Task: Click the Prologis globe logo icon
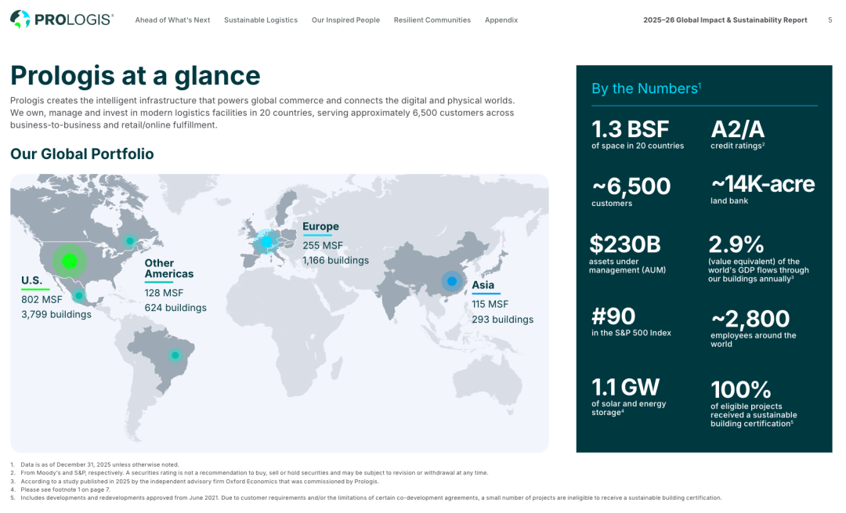coord(20,20)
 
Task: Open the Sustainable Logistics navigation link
coord(261,20)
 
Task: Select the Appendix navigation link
coord(501,20)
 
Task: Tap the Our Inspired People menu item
coord(345,20)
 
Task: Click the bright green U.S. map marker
coord(70,261)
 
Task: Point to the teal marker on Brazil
coord(175,355)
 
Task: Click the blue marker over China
coord(452,281)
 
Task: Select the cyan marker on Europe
coord(266,242)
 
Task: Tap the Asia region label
coord(483,285)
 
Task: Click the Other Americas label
coord(169,268)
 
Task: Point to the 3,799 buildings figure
coord(56,314)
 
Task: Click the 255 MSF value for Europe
coord(323,245)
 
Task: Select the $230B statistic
coord(625,244)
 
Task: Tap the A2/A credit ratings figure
coord(738,129)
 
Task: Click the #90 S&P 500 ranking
coord(613,316)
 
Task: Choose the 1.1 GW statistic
coord(625,388)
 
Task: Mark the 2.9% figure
coord(736,244)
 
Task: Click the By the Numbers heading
coord(645,89)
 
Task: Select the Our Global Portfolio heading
coord(82,154)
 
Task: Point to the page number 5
coord(830,20)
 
